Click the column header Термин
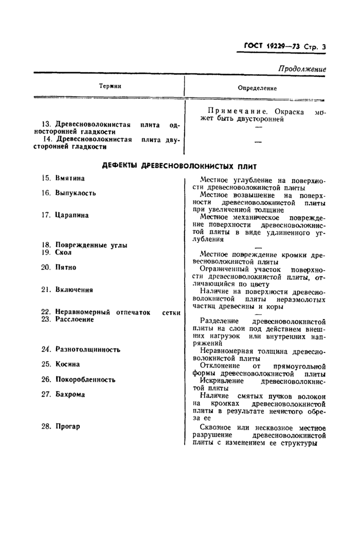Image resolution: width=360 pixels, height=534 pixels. point(111,86)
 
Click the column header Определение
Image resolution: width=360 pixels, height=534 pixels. point(257,88)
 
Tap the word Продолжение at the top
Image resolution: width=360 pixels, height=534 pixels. point(302,69)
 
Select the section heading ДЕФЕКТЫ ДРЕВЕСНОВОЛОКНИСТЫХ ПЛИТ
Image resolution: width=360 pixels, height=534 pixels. point(179,166)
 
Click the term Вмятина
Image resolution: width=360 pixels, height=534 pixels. point(70,178)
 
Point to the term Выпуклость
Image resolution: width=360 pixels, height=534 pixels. point(75,193)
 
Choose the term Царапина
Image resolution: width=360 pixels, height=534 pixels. point(72,215)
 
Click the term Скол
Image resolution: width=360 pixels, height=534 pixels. point(63,253)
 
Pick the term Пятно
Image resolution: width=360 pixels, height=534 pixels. point(66,267)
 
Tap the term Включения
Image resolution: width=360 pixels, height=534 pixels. point(74,290)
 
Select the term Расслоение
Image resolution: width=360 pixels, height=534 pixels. point(75,319)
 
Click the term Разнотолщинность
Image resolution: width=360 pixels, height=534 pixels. point(88,349)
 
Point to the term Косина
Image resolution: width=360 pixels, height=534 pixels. point(67,364)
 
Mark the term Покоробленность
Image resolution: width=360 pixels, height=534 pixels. point(85,379)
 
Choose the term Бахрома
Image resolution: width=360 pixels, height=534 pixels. point(70,395)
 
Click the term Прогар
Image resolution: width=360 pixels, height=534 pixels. point(68,426)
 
